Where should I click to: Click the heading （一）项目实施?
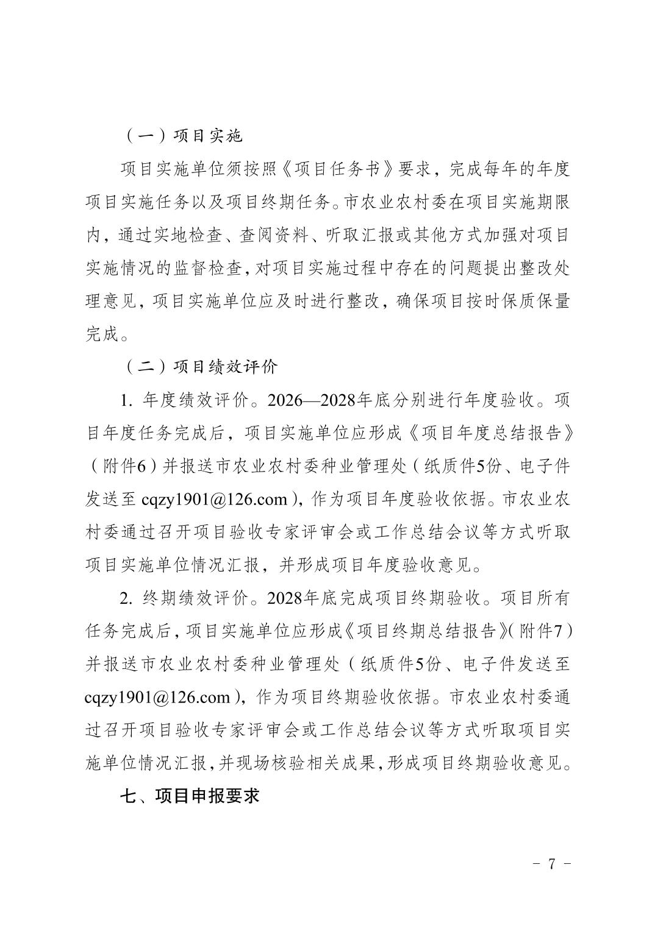pos(182,135)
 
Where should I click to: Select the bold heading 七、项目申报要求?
pos(190,796)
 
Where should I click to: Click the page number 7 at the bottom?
pos(551,864)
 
